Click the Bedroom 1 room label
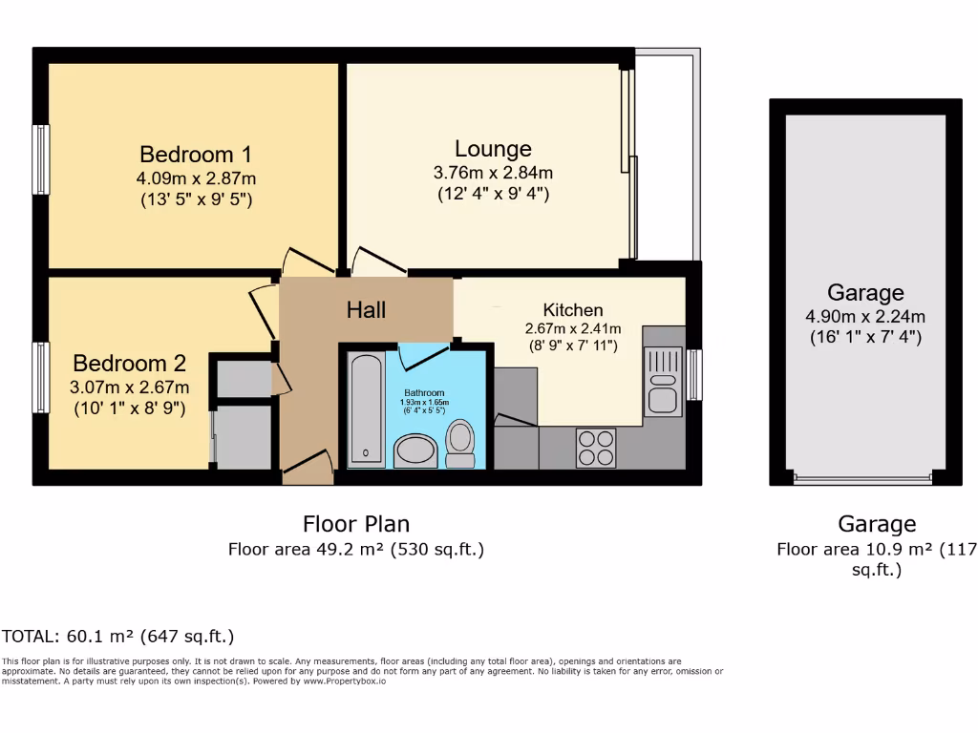click(196, 155)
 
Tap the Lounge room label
click(493, 149)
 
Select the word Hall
click(366, 309)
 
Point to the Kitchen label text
click(573, 310)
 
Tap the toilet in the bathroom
click(460, 445)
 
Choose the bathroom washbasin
click(415, 450)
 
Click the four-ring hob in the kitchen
click(596, 448)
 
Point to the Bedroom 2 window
click(41, 377)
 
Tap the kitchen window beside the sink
click(694, 375)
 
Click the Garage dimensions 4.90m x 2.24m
click(865, 317)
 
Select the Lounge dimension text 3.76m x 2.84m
click(493, 173)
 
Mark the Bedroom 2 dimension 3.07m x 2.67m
click(130, 387)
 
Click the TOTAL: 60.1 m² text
click(118, 637)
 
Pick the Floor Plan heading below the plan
click(356, 524)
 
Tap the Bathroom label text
click(424, 392)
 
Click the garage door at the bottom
click(862, 479)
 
